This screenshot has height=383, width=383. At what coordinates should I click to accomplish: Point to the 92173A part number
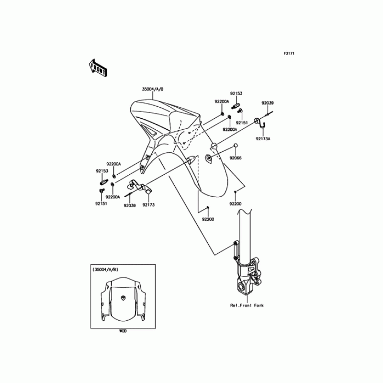tap(263, 138)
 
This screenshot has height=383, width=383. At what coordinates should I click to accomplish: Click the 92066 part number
tap(235, 157)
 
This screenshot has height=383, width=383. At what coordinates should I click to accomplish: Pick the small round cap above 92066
tap(235, 146)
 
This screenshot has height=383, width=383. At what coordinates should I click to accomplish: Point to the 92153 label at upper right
tap(236, 94)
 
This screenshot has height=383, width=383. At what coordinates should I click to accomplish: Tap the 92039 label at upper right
tap(267, 103)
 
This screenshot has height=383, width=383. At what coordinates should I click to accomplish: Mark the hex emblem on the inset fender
tap(124, 297)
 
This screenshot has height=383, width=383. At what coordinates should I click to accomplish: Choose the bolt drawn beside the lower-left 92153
tap(102, 181)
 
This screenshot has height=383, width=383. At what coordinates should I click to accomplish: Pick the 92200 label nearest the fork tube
tap(235, 203)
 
